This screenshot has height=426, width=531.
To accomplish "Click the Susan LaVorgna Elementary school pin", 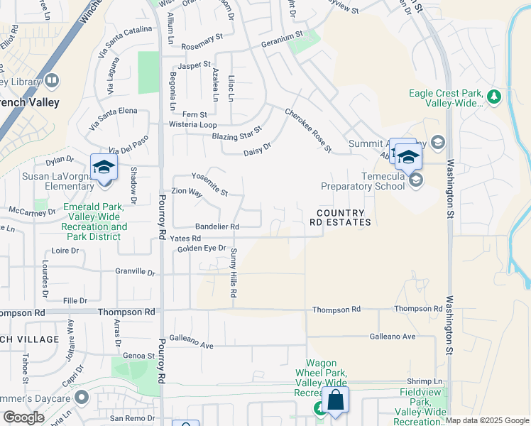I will [x=104, y=168].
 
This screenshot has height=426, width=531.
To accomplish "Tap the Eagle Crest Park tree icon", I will [x=493, y=96].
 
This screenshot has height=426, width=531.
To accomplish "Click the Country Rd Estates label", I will [x=340, y=217].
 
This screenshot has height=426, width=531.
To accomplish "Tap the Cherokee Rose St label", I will [x=309, y=131].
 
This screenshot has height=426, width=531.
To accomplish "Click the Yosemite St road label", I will [x=210, y=184].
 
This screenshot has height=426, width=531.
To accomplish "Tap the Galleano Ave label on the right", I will [x=392, y=337].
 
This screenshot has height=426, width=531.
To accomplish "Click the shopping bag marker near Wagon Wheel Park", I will [x=335, y=400].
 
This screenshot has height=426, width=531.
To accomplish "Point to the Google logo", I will [x=24, y=417].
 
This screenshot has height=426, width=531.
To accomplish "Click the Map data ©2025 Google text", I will [x=488, y=420].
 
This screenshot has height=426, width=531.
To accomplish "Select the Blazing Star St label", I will [x=238, y=133].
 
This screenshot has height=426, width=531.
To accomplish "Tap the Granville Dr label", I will [x=135, y=272].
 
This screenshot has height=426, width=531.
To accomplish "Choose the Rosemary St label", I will [x=202, y=40].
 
